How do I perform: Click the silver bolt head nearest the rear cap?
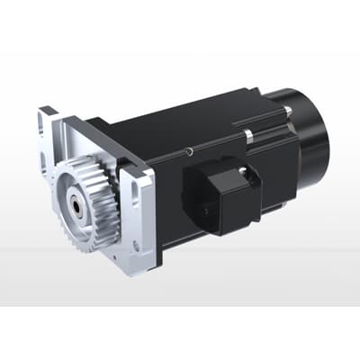[285, 110]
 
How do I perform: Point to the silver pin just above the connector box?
[248, 137]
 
